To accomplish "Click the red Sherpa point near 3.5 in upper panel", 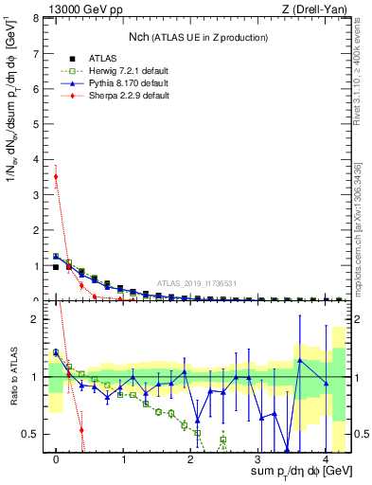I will click(56, 176).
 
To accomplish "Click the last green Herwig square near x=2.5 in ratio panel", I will click(223, 440).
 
